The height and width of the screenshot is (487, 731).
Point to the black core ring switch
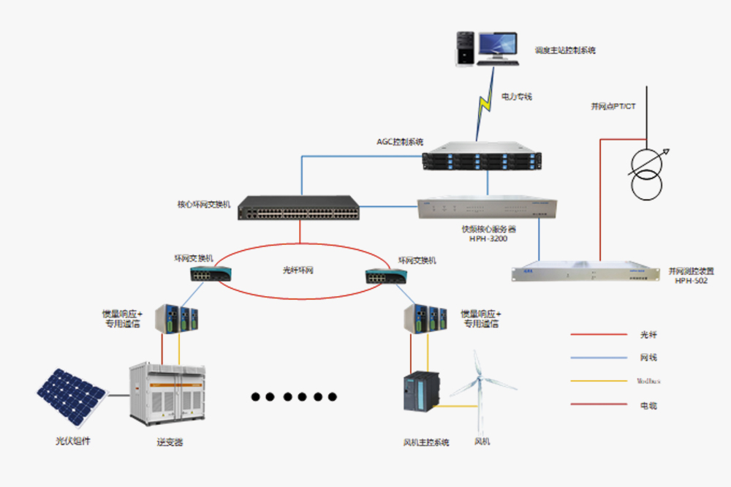tap(300, 209)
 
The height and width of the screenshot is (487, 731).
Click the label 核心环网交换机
tap(204, 205)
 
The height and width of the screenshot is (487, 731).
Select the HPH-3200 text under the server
tap(488, 238)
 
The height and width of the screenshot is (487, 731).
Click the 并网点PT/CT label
tap(613, 106)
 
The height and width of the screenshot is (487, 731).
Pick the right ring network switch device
tap(386, 276)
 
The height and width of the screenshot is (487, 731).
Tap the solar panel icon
tap(70, 396)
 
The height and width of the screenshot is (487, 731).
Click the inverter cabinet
tap(167, 396)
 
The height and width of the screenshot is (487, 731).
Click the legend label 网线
tap(648, 358)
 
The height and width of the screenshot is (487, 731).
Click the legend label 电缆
tap(648, 404)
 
